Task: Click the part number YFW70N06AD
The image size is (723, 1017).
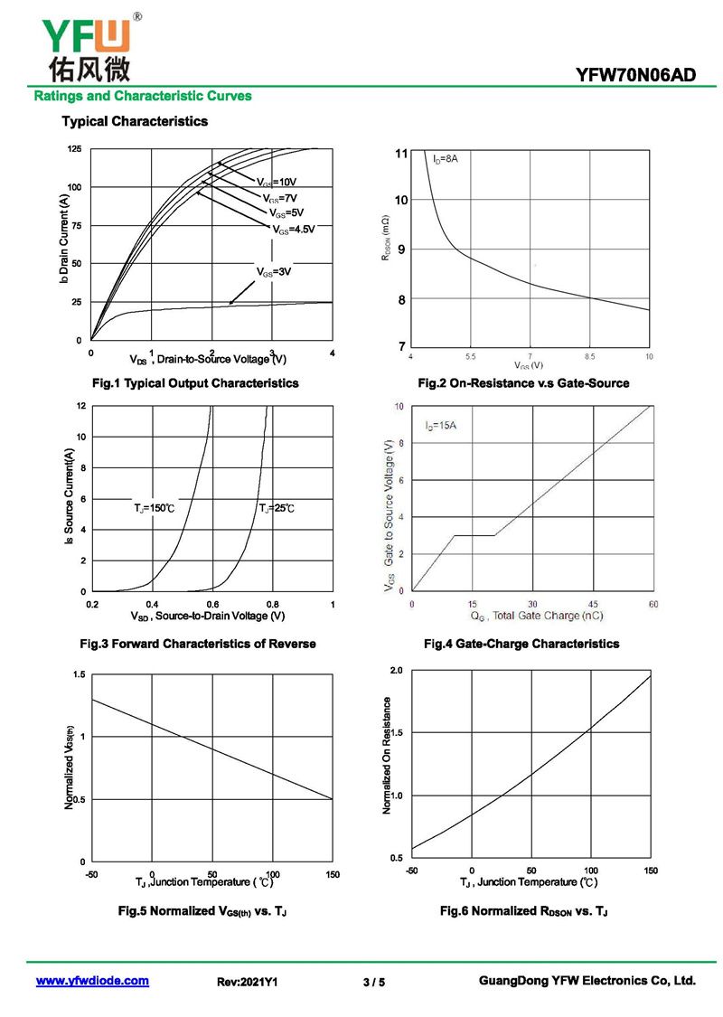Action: pyautogui.click(x=635, y=75)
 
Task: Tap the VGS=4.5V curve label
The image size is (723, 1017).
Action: pyautogui.click(x=295, y=230)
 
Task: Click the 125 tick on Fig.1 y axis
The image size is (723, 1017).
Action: pyautogui.click(x=74, y=148)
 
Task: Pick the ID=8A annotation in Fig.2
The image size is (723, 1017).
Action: pyautogui.click(x=446, y=159)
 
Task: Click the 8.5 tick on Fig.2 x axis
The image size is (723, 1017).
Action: pyautogui.click(x=590, y=358)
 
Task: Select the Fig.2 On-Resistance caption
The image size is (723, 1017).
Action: pyautogui.click(x=523, y=383)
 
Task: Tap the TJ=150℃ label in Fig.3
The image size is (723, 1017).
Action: pyautogui.click(x=154, y=510)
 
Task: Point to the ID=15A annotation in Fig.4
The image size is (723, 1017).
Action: pyautogui.click(x=441, y=425)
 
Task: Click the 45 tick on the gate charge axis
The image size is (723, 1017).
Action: pyautogui.click(x=592, y=604)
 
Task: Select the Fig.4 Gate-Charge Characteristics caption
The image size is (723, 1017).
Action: pyautogui.click(x=521, y=644)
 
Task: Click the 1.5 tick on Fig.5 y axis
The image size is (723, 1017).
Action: pyautogui.click(x=79, y=675)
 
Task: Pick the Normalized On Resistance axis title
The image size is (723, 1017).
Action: pyautogui.click(x=387, y=756)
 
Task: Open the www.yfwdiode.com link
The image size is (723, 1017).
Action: pyautogui.click(x=92, y=981)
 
